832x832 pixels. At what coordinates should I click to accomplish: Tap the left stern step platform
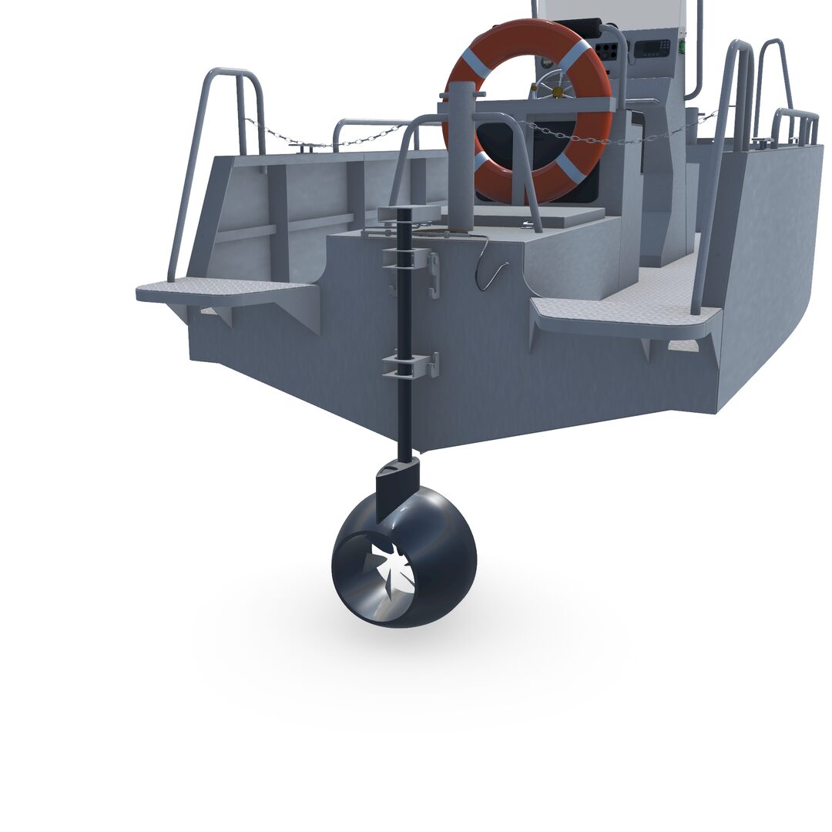click(x=223, y=290)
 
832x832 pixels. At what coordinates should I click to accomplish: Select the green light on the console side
click(x=682, y=46)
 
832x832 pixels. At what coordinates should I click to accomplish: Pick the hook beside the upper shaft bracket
click(x=434, y=275)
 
